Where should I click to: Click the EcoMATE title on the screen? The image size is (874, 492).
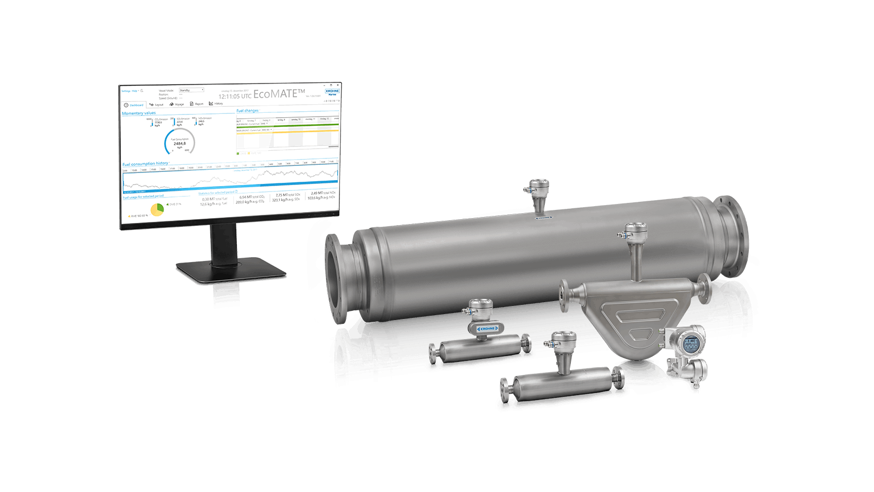(279, 94)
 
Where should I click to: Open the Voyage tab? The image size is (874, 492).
(177, 104)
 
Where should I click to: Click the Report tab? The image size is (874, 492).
(197, 104)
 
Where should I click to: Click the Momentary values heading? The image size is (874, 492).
(139, 113)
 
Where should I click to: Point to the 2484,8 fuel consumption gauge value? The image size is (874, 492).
(179, 143)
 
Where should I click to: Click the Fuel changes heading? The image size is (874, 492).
(248, 111)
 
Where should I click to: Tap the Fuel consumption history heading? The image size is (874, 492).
(145, 163)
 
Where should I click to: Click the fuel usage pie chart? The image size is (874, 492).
(157, 210)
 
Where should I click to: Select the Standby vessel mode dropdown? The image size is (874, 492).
(191, 90)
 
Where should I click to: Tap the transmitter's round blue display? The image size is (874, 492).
(690, 342)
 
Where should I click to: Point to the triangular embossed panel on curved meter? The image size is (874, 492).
(634, 317)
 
